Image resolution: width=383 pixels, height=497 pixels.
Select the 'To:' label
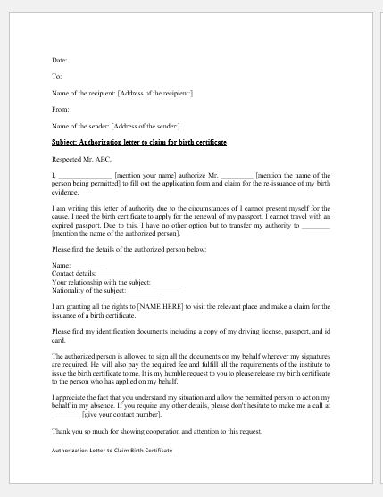[56, 77]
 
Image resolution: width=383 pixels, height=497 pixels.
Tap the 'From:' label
[59, 110]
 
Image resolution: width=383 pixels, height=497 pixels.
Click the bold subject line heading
[138, 142]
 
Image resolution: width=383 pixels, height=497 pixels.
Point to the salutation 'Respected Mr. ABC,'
[82, 159]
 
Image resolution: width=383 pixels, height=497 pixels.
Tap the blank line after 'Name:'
[87, 266]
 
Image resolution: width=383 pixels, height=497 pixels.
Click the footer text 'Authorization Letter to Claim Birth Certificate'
[112, 451]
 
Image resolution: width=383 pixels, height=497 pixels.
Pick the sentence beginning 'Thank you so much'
[157, 432]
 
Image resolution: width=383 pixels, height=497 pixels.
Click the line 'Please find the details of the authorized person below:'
[129, 249]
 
